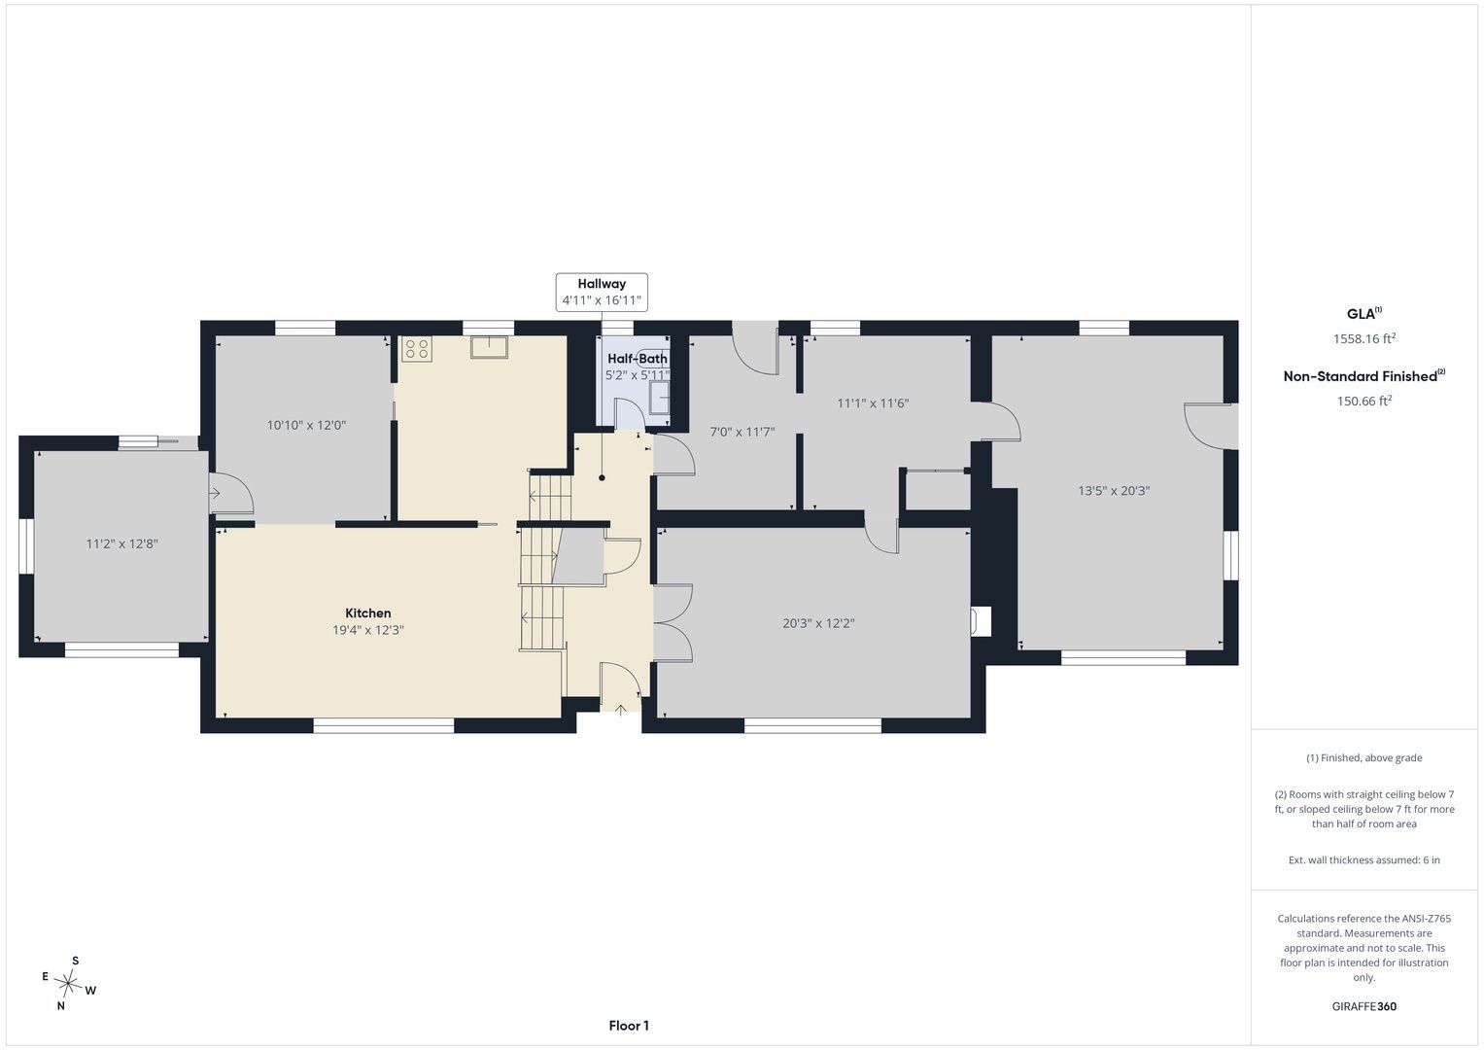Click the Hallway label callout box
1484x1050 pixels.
[x=602, y=292]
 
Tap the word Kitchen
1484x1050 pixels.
[x=368, y=613]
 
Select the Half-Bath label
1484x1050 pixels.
[x=638, y=359]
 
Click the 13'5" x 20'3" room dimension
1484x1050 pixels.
[x=1114, y=491]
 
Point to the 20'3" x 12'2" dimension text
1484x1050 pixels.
[x=819, y=623]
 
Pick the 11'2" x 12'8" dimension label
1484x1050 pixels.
[x=121, y=544]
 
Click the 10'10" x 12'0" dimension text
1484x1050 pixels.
[x=307, y=426]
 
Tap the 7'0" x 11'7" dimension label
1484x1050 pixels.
[x=742, y=433]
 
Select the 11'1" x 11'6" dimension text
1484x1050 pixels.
[x=873, y=403]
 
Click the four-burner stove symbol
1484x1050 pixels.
[x=417, y=349]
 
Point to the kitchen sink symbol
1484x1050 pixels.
[x=489, y=347]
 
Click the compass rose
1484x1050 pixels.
[x=69, y=983]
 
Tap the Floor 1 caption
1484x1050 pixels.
[x=629, y=1026]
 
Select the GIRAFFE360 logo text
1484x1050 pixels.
[x=1364, y=1006]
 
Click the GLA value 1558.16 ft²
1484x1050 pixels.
[x=1364, y=338]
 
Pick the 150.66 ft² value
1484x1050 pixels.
[x=1364, y=401]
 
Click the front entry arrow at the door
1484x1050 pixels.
[x=620, y=711]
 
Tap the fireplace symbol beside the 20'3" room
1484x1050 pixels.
[x=980, y=622]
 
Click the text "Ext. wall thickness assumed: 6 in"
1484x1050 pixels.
[x=1364, y=859]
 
